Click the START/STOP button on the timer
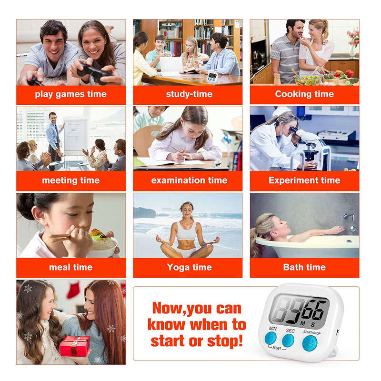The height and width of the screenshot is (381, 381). pyautogui.click(x=310, y=343)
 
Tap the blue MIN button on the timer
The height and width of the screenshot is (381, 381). pyautogui.click(x=271, y=338)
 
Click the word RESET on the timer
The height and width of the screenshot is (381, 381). pyautogui.click(x=277, y=348)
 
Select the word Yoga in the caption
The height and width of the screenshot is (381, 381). pyautogui.click(x=178, y=268)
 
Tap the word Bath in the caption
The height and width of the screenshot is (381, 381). pyautogui.click(x=293, y=267)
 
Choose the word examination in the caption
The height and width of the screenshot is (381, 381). pyautogui.click(x=178, y=180)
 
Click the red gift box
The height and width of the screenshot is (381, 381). pyautogui.click(x=74, y=346)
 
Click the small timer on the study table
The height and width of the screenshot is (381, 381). pyautogui.click(x=212, y=77)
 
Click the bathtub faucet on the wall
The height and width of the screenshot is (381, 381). pyautogui.click(x=349, y=217)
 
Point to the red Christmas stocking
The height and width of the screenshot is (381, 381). pyautogui.click(x=73, y=290)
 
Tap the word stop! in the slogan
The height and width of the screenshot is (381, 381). pyautogui.click(x=225, y=341)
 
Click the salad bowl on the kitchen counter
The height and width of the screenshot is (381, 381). pyautogui.click(x=307, y=80)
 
